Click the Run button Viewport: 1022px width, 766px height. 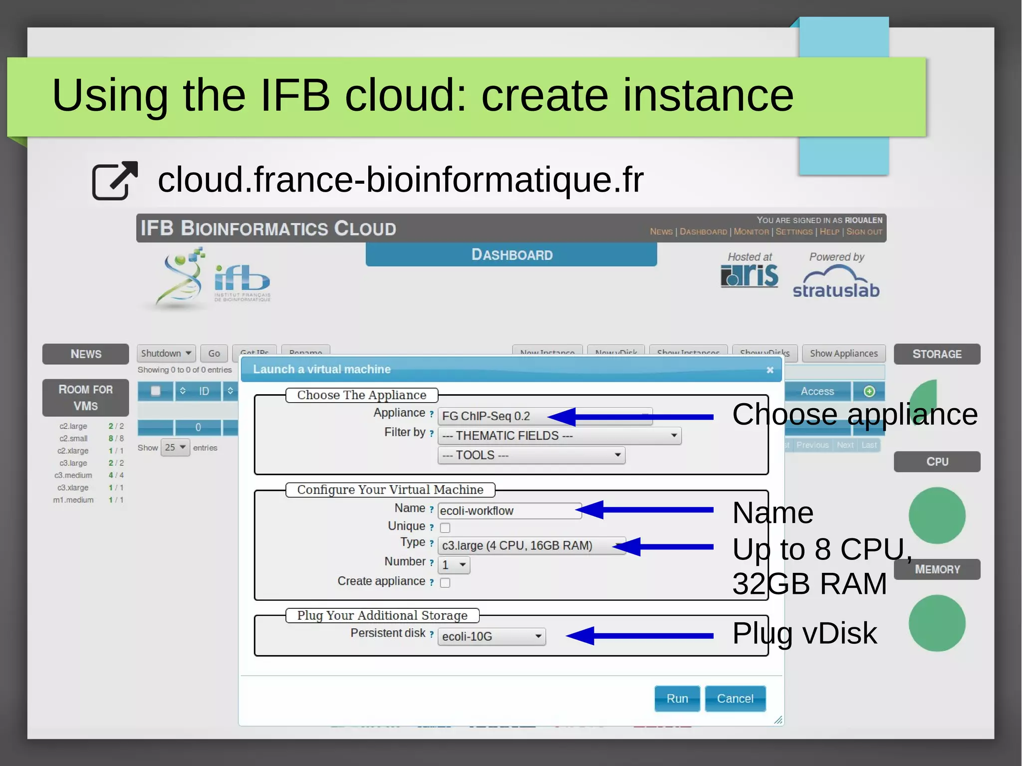click(x=677, y=698)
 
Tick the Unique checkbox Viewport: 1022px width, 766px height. click(x=445, y=527)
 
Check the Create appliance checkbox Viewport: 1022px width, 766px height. click(x=445, y=582)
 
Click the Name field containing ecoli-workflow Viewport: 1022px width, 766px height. click(x=509, y=511)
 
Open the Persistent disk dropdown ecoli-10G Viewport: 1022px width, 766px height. click(x=492, y=636)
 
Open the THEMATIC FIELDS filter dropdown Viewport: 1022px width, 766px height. click(x=559, y=436)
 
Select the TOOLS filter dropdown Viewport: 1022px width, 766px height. click(x=531, y=455)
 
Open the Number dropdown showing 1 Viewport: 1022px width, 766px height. click(x=454, y=565)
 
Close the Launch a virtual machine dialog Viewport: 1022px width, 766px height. click(x=770, y=370)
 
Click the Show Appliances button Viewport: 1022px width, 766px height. click(x=843, y=353)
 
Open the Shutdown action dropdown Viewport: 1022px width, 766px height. click(x=166, y=353)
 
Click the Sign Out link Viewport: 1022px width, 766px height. click(x=864, y=232)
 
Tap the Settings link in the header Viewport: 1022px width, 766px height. click(x=793, y=232)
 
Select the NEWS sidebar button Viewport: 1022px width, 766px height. click(x=86, y=354)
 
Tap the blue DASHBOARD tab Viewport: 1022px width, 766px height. click(x=511, y=255)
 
